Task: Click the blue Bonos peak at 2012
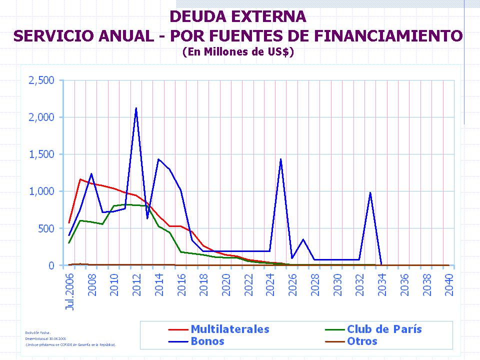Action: coord(136,108)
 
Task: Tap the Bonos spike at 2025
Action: coord(281,159)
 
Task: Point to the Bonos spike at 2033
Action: coord(370,193)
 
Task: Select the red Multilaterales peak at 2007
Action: coord(80,179)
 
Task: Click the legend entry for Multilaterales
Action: coord(229,329)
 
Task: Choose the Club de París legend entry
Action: coord(384,329)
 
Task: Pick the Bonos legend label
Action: coord(207,341)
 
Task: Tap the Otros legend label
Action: coord(362,341)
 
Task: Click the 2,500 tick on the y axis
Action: coord(41,80)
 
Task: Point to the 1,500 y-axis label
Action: coord(41,154)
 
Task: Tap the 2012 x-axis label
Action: coord(136,284)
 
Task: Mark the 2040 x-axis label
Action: coord(449,284)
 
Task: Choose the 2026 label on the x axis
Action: coord(292,284)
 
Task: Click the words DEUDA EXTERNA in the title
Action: coord(238,16)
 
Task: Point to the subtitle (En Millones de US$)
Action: coord(238,51)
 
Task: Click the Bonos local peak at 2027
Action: coord(303,239)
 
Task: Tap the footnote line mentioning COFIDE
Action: coord(70,344)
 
